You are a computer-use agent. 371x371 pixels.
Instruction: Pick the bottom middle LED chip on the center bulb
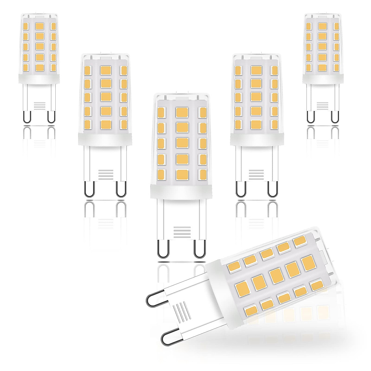(182, 175)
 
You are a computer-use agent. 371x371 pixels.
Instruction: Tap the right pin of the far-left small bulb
(51, 117)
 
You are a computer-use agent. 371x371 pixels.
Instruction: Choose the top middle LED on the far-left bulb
(39, 26)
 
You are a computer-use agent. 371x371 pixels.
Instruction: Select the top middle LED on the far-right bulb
(322, 26)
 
